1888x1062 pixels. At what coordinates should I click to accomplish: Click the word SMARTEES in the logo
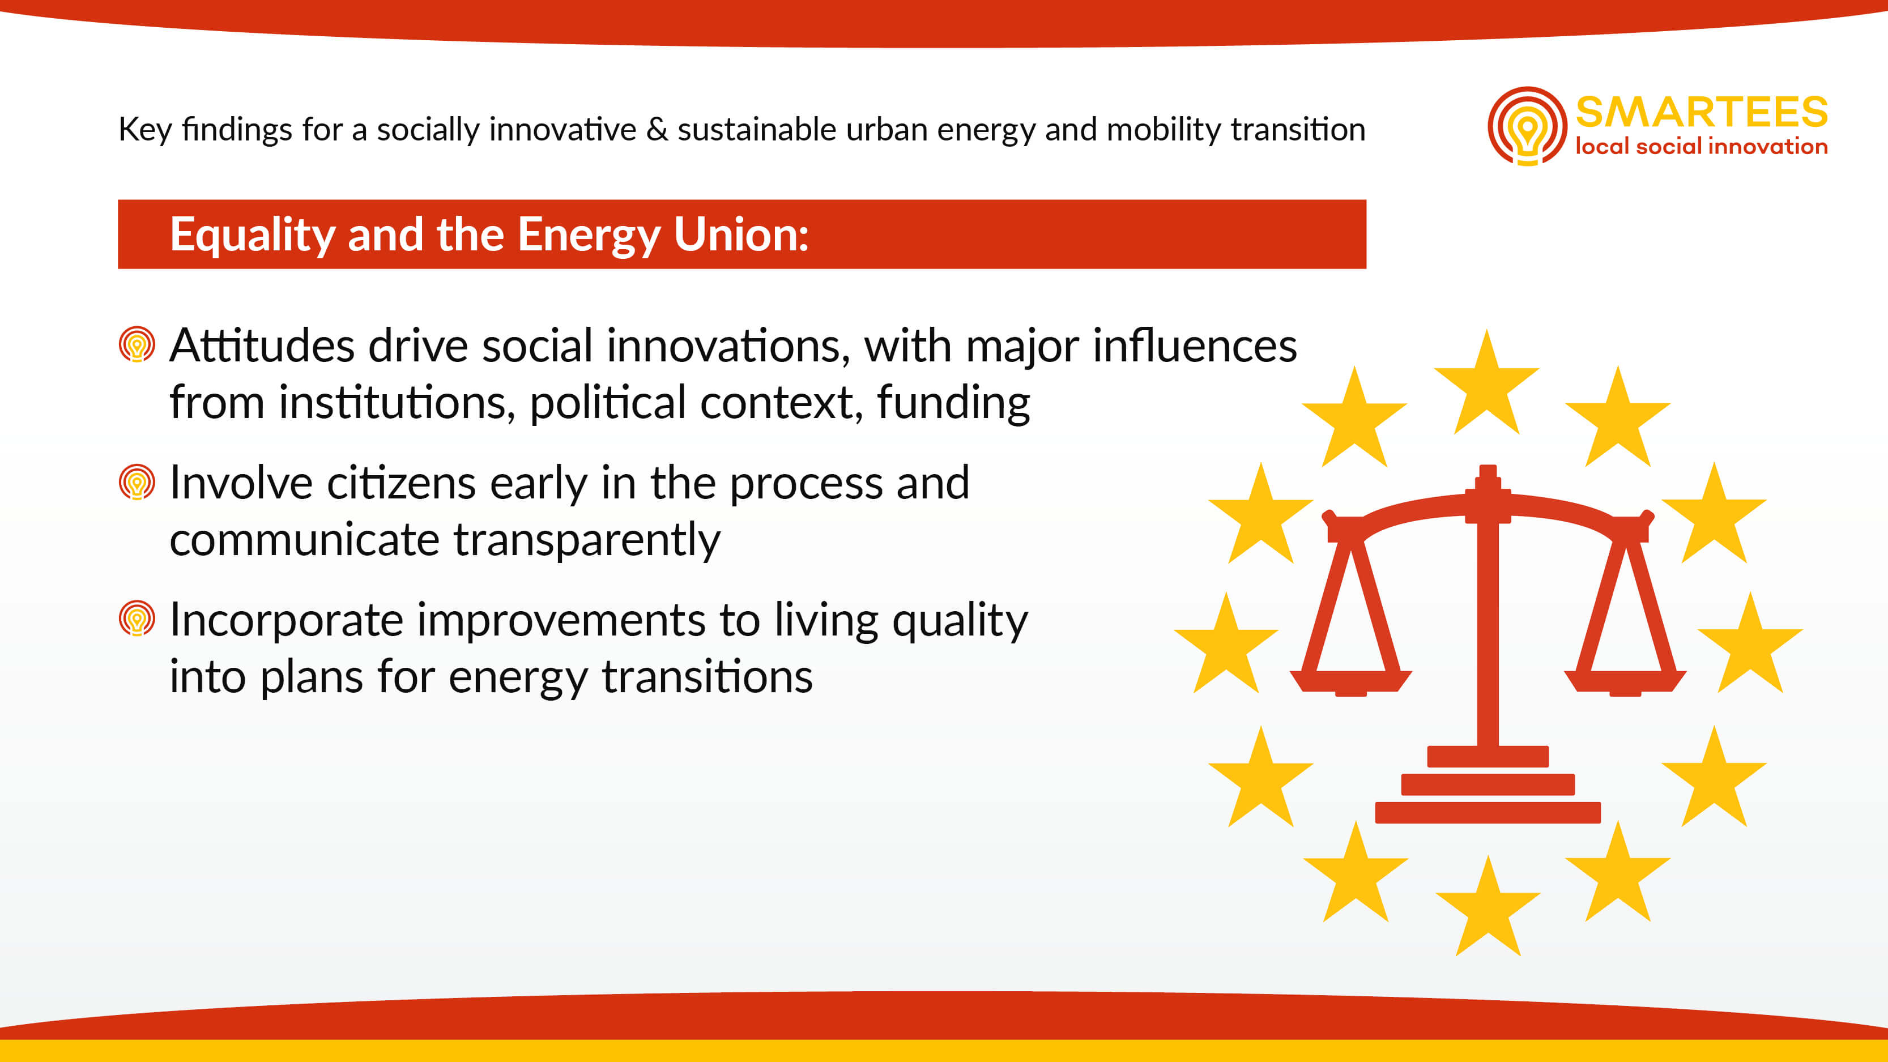click(1701, 112)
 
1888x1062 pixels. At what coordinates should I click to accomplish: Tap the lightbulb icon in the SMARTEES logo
click(1527, 126)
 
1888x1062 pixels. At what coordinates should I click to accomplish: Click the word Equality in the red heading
click(252, 235)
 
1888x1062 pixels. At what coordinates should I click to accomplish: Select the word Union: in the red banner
click(741, 234)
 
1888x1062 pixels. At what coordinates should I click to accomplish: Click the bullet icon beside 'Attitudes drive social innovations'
click(137, 344)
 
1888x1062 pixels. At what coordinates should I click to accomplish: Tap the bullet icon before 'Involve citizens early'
click(137, 482)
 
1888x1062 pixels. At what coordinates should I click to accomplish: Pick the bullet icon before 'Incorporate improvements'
click(137, 619)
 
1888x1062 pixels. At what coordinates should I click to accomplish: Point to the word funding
click(953, 403)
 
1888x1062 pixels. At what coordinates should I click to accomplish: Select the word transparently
click(587, 541)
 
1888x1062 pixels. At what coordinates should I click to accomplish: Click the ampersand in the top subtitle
click(658, 130)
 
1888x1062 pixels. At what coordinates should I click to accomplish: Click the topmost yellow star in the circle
click(1486, 384)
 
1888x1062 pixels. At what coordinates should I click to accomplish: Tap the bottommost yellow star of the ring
click(1488, 907)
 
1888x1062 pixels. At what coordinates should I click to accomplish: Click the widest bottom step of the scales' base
click(1488, 813)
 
